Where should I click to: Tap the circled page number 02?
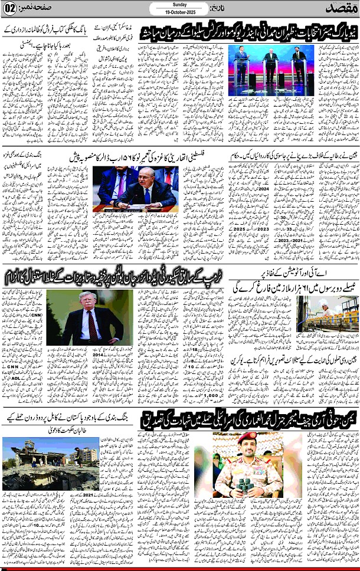pyautogui.click(x=10, y=8)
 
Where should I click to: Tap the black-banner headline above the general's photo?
pyautogui.click(x=250, y=421)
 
